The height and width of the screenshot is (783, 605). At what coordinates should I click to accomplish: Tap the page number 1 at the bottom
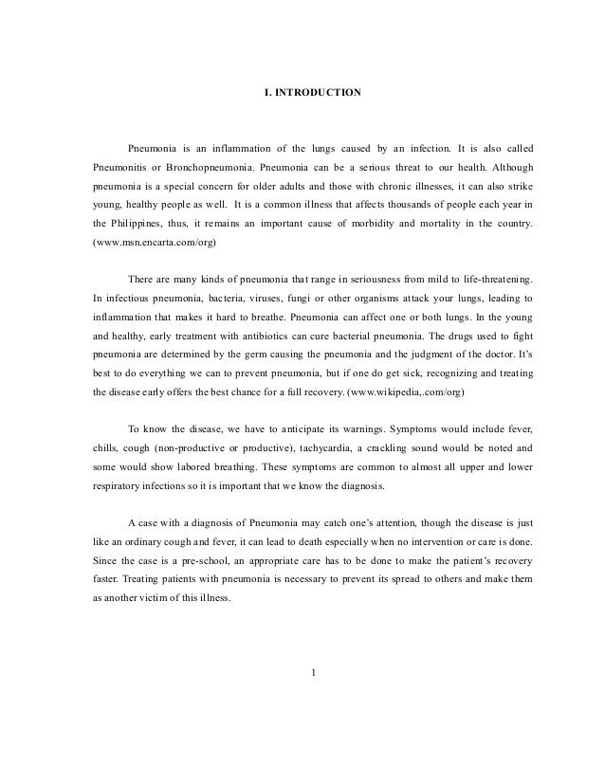coord(313,674)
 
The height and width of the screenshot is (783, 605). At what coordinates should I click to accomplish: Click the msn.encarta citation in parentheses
coord(156,243)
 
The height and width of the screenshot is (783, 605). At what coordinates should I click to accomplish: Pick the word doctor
coord(500,355)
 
